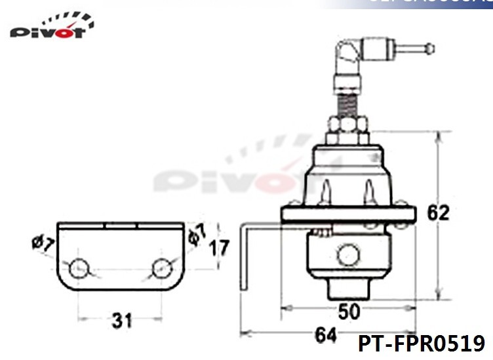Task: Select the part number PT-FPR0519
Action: click(x=421, y=344)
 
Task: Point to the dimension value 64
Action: click(x=325, y=336)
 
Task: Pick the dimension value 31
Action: click(x=122, y=321)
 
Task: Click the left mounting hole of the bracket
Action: click(x=79, y=268)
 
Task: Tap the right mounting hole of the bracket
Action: click(x=162, y=268)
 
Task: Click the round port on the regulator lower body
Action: click(x=349, y=253)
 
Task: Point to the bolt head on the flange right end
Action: click(x=401, y=224)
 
